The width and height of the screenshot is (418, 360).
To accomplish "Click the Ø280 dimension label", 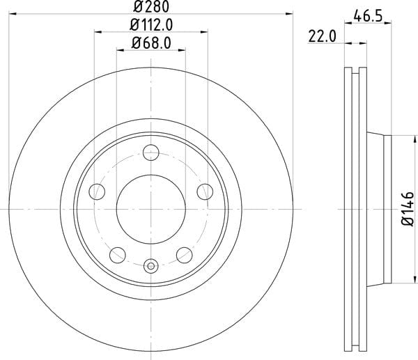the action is (x=151, y=7).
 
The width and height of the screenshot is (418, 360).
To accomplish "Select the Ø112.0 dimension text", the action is (x=151, y=25).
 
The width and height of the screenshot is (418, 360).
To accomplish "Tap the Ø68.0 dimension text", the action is (x=151, y=43).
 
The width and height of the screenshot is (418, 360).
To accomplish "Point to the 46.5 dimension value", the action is (x=368, y=17).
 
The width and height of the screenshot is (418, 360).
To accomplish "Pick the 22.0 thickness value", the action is (x=323, y=36).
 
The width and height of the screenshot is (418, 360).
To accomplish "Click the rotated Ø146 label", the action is (x=408, y=209).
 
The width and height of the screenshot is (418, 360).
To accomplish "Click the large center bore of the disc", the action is (x=151, y=209).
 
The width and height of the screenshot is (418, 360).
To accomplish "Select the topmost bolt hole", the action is (x=151, y=152).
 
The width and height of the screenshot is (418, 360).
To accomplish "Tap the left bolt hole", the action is (x=97, y=191).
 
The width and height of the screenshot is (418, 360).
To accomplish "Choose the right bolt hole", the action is (x=205, y=191).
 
